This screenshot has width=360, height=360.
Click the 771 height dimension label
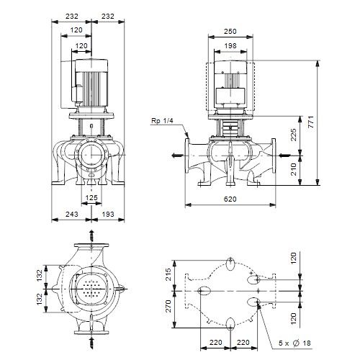[x=311, y=122]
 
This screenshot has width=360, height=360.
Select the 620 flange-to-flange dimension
[x=230, y=199]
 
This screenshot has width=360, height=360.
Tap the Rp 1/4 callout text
[x=162, y=121]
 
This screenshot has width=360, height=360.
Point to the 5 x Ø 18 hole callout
[x=294, y=343]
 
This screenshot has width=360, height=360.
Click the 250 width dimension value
[x=230, y=31]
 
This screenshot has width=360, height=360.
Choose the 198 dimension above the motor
[x=230, y=45]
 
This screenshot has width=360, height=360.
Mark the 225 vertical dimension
[x=294, y=135]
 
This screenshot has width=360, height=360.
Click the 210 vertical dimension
[x=294, y=169]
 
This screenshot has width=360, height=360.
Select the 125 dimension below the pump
[x=91, y=197]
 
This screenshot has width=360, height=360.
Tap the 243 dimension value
[x=72, y=214]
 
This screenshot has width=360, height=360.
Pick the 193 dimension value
[x=108, y=214]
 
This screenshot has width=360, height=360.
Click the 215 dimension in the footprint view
[x=168, y=275]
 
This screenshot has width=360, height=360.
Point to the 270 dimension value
[x=168, y=306]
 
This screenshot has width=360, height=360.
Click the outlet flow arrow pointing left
[x=179, y=156]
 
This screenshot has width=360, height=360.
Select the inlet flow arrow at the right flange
[x=285, y=156]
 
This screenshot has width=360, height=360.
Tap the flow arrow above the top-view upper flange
[x=91, y=236]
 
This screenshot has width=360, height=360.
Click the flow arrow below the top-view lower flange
[x=91, y=343]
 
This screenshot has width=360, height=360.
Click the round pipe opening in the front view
[x=91, y=155]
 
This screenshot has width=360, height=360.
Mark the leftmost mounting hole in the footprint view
[x=204, y=291]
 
